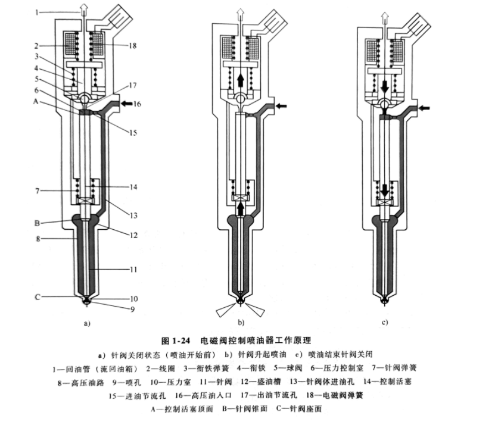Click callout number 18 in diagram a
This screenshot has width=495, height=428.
[132, 46]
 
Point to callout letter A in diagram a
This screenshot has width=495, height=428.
[36, 102]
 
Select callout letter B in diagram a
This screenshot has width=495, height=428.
[37, 223]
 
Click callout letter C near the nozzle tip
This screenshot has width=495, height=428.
[38, 297]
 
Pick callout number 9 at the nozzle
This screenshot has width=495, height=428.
[133, 310]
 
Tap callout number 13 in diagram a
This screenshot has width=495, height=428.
[133, 215]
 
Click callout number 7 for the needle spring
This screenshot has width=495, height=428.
[38, 191]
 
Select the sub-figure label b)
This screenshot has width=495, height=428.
[241, 323]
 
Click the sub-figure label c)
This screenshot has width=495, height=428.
[385, 323]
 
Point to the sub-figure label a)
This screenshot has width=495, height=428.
[87, 323]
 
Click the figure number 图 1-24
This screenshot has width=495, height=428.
[176, 340]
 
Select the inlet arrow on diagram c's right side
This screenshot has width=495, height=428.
[424, 108]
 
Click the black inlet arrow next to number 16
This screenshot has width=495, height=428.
[127, 103]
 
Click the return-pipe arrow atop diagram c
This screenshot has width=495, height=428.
[385, 18]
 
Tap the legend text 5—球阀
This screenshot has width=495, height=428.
[288, 368]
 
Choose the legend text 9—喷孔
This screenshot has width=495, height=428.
[127, 383]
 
